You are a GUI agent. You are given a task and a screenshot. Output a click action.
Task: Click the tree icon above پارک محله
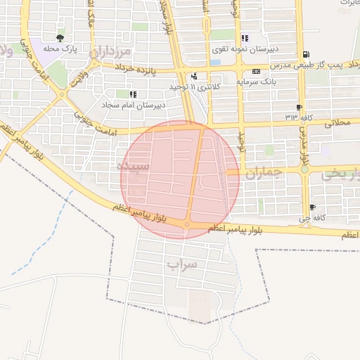click(60, 38)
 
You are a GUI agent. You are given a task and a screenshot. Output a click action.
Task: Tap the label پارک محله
click(60, 49)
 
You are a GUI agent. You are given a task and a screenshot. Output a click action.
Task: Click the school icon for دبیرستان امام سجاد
click(133, 94)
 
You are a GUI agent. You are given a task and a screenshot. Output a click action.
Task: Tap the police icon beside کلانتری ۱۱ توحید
click(194, 76)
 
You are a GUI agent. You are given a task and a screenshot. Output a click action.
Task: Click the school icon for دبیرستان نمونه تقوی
click(244, 39)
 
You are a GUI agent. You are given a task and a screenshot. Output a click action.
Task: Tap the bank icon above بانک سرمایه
click(256, 71)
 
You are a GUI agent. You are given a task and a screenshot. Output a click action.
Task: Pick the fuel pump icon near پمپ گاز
click(304, 54)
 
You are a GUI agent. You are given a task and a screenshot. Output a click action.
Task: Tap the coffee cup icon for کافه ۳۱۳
click(300, 107)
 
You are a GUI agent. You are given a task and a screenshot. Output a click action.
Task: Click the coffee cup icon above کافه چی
click(312, 207)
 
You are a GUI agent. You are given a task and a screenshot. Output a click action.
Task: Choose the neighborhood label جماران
click(266, 172)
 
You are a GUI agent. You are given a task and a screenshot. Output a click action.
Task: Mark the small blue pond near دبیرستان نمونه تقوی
click(215, 62)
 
